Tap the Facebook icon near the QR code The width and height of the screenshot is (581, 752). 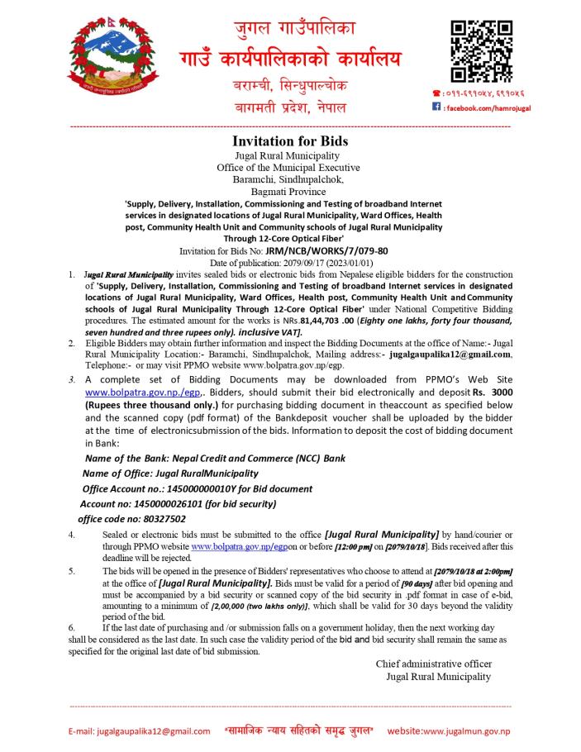click(436, 107)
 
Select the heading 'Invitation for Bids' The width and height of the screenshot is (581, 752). click(290, 140)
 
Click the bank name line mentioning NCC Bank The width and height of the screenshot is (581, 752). click(215, 458)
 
